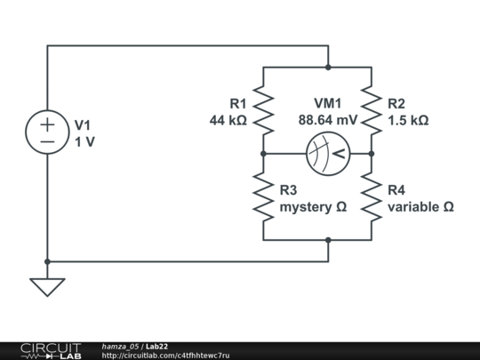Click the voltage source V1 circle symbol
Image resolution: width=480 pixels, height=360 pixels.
pyautogui.click(x=47, y=132)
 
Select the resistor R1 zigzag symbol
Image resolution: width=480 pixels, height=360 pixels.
pyautogui.click(x=264, y=109)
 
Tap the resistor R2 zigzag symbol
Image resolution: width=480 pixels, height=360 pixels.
pyautogui.click(x=372, y=109)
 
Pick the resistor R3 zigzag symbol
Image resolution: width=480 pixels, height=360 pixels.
pyautogui.click(x=264, y=196)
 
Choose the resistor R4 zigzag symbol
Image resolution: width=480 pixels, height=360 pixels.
pyautogui.click(x=372, y=196)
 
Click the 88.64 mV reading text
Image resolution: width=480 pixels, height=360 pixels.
pyautogui.click(x=328, y=119)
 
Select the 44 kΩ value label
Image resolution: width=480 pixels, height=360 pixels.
pyautogui.click(x=228, y=119)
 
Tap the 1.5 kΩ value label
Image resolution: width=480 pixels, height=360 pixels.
pyautogui.click(x=408, y=119)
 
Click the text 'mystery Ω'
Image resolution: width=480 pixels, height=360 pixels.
pyautogui.click(x=313, y=206)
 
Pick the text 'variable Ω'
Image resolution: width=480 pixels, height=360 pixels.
pyautogui.click(x=420, y=206)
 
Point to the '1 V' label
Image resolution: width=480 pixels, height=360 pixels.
pyautogui.click(x=84, y=141)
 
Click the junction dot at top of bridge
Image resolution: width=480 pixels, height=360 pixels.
pyautogui.click(x=328, y=67)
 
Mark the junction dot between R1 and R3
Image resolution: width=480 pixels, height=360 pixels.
pyautogui.click(x=264, y=154)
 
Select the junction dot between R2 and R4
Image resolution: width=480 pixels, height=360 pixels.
pyautogui.click(x=372, y=154)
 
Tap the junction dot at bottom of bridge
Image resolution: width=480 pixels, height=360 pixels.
pyautogui.click(x=328, y=240)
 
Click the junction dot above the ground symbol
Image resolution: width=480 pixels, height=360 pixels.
pyautogui.click(x=47, y=262)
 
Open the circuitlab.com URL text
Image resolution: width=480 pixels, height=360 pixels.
pyautogui.click(x=165, y=355)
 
